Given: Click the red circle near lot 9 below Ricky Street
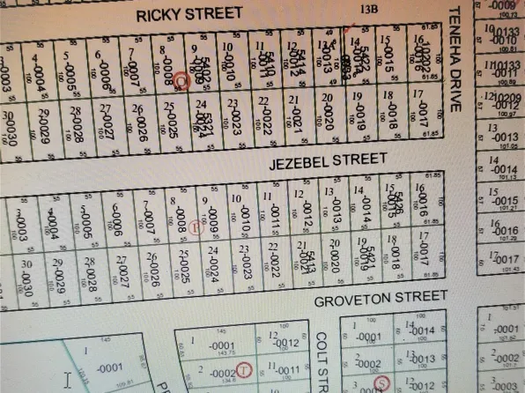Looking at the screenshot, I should (x=181, y=79).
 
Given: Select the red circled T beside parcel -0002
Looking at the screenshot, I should (x=243, y=369).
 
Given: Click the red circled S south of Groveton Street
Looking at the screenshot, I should (x=381, y=383).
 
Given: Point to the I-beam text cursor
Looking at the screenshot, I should (x=67, y=380).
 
